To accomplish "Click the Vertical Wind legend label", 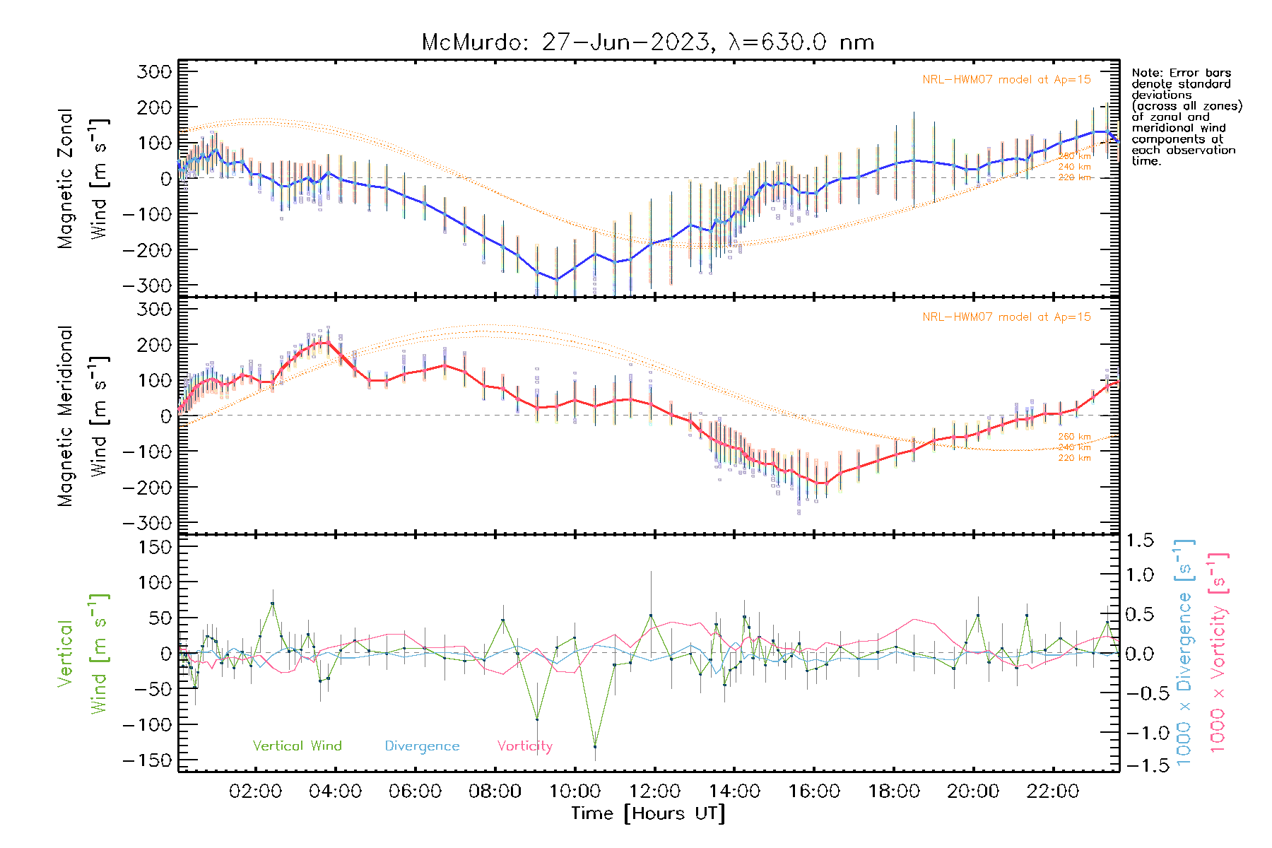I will [297, 746].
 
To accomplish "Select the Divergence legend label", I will [422, 746].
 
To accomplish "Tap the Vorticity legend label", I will [524, 746].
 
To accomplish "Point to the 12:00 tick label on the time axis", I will [655, 791].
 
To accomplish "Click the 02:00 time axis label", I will [256, 791].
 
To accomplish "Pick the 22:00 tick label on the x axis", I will [1053, 791].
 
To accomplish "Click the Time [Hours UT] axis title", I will [648, 813].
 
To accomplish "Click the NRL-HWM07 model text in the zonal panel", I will [1006, 80].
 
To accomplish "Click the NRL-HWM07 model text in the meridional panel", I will [1006, 317].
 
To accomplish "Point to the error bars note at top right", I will [1186, 117].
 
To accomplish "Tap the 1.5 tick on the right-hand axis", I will [1140, 541].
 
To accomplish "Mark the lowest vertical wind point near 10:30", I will [595, 746].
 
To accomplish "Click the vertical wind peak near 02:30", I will [273, 603].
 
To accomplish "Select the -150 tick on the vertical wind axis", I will [147, 760].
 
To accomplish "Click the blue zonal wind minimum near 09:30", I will [556, 279].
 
